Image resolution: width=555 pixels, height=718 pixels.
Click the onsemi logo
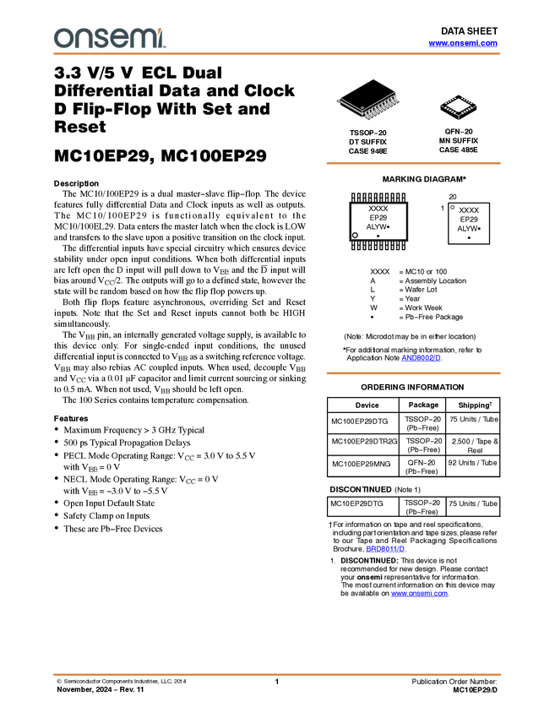click(109, 38)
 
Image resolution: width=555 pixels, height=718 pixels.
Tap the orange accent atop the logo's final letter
click(161, 30)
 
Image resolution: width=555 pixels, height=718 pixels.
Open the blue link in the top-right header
click(463, 43)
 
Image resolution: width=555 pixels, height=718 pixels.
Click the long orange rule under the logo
click(277, 54)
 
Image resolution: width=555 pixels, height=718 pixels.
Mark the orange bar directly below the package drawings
click(413, 163)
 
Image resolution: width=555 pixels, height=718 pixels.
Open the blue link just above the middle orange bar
click(421, 359)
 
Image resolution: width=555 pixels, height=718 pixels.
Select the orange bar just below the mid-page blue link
click(413, 373)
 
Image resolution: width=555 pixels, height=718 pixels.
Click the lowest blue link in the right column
click(420, 595)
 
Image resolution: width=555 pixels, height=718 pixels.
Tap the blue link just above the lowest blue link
click(385, 549)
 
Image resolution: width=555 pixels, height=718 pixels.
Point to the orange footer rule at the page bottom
click(277, 674)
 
